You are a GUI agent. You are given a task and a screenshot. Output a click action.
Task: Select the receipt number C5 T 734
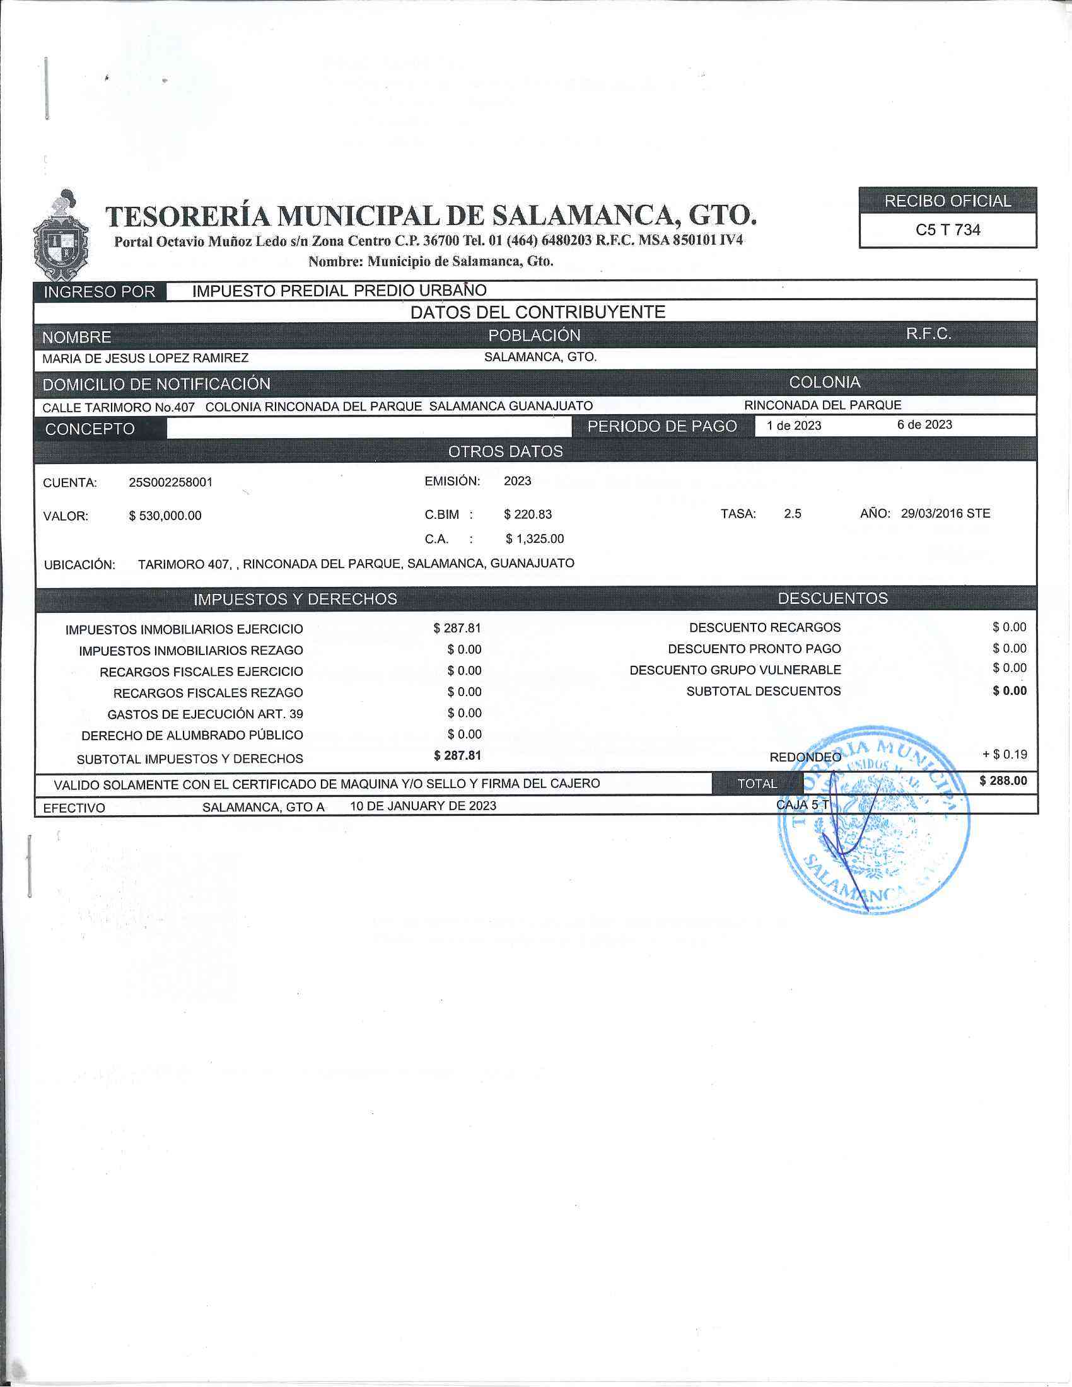tap(948, 230)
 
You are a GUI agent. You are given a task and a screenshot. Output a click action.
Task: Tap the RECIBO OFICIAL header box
tap(948, 201)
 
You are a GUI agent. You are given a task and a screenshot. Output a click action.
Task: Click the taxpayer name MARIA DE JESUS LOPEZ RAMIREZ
tap(146, 358)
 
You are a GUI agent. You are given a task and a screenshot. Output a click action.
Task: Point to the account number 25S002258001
tap(171, 482)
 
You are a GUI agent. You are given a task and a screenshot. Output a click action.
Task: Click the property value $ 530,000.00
tap(165, 516)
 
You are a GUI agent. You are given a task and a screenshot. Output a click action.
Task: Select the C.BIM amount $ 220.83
tap(528, 514)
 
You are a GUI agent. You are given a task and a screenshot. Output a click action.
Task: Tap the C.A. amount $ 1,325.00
tap(535, 538)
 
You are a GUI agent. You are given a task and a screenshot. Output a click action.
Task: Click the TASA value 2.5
tap(793, 513)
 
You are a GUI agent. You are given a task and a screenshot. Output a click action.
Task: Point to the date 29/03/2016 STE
tap(946, 513)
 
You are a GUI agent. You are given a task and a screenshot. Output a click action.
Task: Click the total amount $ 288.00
tap(1003, 781)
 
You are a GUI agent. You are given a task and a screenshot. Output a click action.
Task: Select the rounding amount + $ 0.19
tap(1005, 755)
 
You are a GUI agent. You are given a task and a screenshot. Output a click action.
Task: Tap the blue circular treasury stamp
tap(874, 819)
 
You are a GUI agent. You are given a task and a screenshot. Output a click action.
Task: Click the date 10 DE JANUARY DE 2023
tap(423, 806)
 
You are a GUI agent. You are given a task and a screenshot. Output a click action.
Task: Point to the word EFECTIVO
tap(74, 808)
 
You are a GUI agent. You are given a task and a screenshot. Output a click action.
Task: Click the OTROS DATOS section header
tap(506, 451)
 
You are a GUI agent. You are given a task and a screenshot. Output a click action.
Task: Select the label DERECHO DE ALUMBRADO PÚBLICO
tap(192, 735)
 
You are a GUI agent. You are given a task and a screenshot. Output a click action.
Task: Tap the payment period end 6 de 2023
tap(924, 425)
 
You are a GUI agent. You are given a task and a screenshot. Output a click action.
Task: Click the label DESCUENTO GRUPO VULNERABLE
tap(735, 670)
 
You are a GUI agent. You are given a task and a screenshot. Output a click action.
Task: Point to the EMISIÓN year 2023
tap(518, 481)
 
